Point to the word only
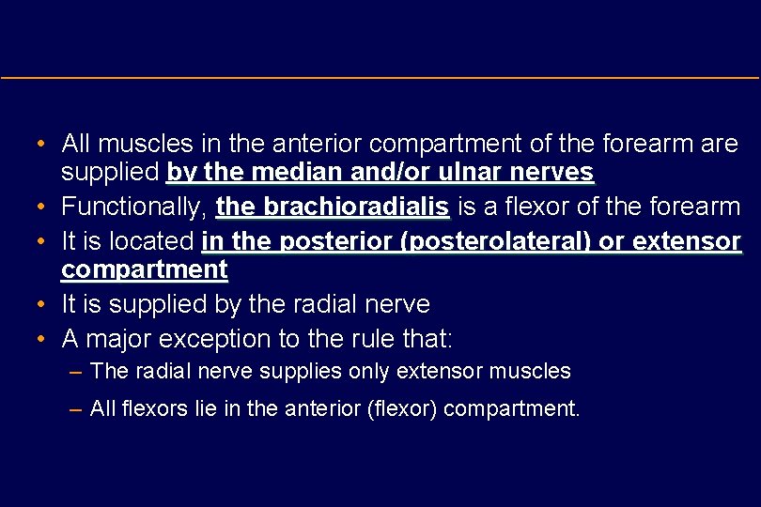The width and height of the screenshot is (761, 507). click(369, 371)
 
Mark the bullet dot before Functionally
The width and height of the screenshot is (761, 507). click(42, 207)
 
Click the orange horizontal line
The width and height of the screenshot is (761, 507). click(380, 77)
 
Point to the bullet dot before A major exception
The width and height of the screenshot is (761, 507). click(42, 338)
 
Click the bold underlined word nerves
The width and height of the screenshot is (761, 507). click(556, 173)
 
